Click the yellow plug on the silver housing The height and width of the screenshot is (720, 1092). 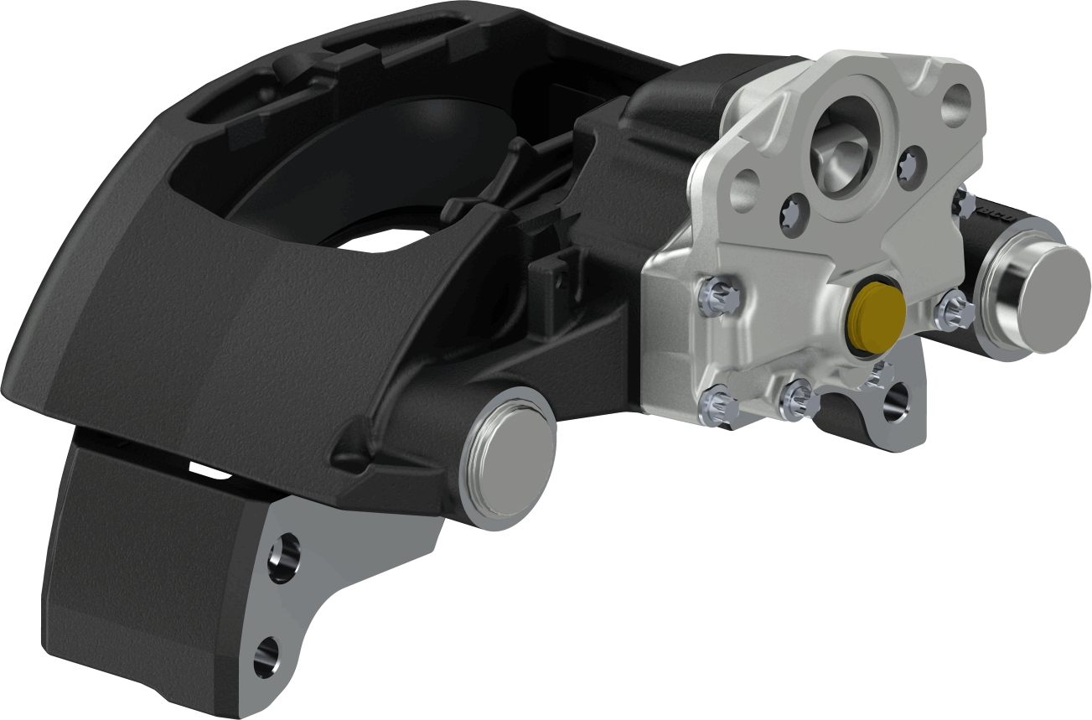[x=874, y=319]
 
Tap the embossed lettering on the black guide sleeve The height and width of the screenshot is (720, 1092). [x=997, y=215]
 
